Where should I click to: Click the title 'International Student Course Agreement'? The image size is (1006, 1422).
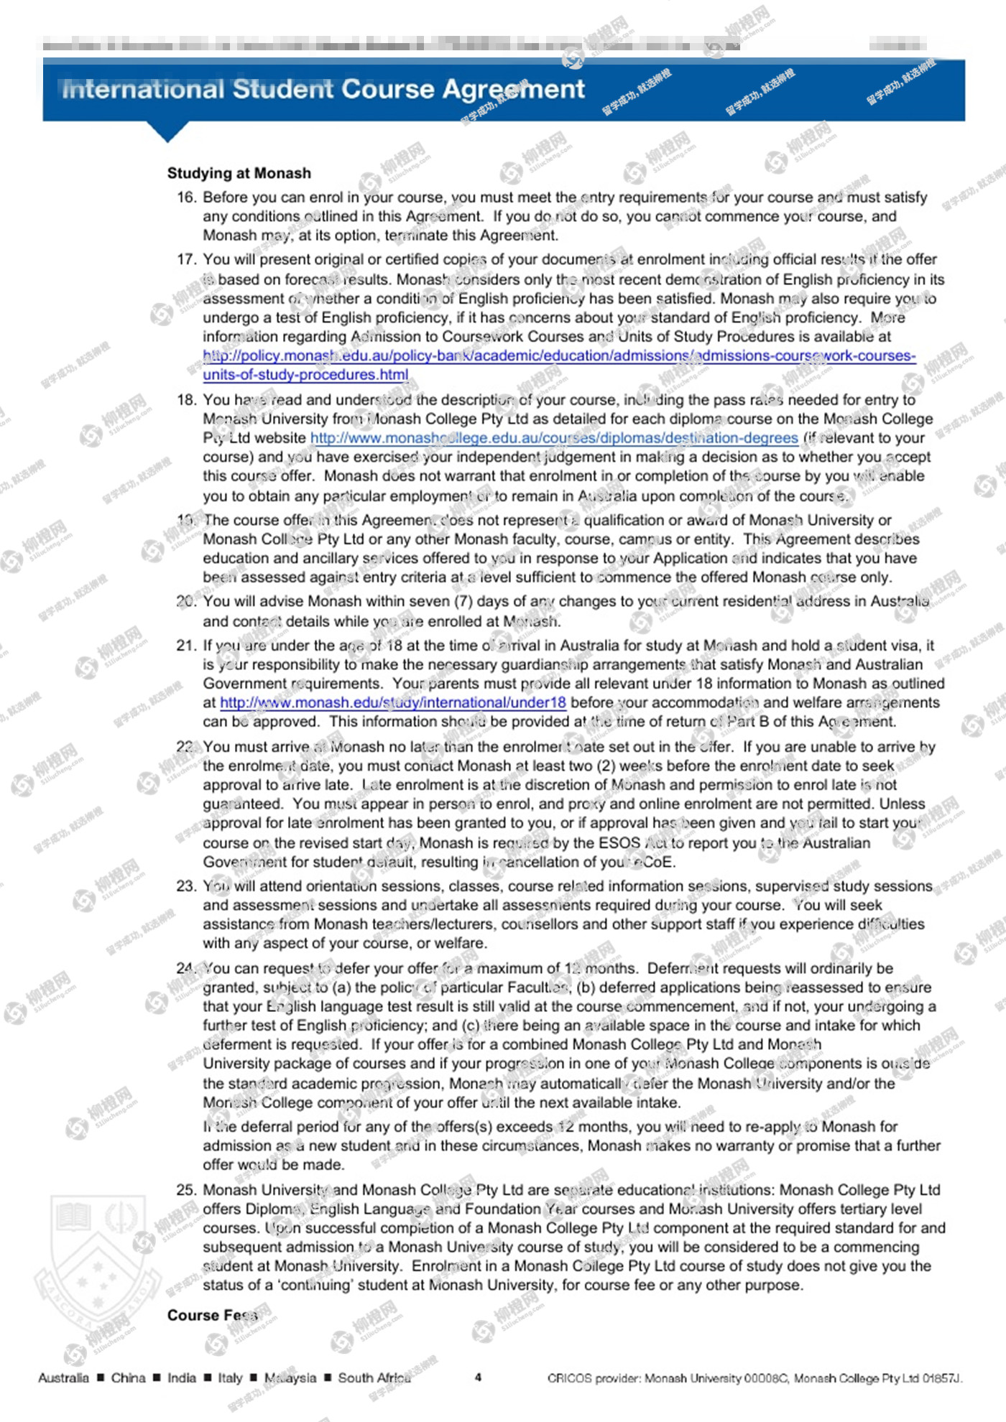click(x=323, y=90)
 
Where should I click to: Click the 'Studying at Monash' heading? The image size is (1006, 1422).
click(x=239, y=173)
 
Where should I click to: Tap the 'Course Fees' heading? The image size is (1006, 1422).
click(x=212, y=1315)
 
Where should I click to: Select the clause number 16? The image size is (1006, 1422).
click(x=186, y=197)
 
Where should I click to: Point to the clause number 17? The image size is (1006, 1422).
click(x=186, y=259)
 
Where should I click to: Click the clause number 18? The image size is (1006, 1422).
click(x=186, y=400)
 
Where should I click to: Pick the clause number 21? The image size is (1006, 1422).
click(x=186, y=646)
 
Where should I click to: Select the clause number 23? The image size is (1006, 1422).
click(x=186, y=886)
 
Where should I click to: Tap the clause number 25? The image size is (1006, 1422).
click(x=186, y=1190)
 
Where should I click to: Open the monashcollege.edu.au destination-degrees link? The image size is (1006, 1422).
click(x=554, y=438)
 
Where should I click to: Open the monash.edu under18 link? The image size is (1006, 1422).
click(x=393, y=702)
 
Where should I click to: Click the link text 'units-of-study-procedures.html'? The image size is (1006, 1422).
click(x=305, y=375)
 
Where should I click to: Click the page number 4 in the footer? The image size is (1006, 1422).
click(x=478, y=1377)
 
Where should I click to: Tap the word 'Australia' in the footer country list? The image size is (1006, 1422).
click(x=63, y=1377)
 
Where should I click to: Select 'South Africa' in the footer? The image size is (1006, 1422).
click(x=374, y=1377)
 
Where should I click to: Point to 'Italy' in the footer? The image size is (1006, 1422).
click(x=230, y=1377)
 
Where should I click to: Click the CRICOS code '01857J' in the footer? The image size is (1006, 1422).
click(x=941, y=1377)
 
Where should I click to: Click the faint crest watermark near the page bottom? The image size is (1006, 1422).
click(x=97, y=1264)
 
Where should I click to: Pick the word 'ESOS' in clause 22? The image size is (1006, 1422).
click(x=619, y=842)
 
